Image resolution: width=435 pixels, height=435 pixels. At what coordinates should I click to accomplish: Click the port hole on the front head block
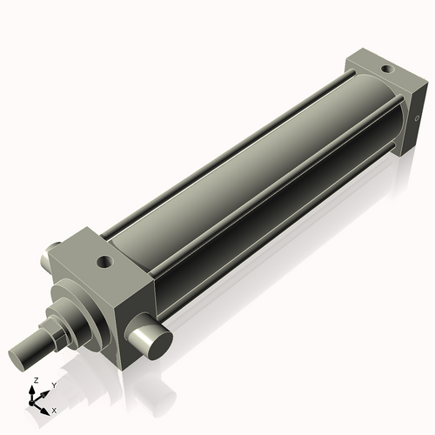click(105, 258)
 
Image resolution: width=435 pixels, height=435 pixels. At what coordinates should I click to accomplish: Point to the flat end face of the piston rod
click(19, 358)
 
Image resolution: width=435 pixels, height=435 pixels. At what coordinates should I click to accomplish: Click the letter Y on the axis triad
click(53, 385)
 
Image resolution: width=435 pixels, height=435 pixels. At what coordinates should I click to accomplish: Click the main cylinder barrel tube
click(261, 174)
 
